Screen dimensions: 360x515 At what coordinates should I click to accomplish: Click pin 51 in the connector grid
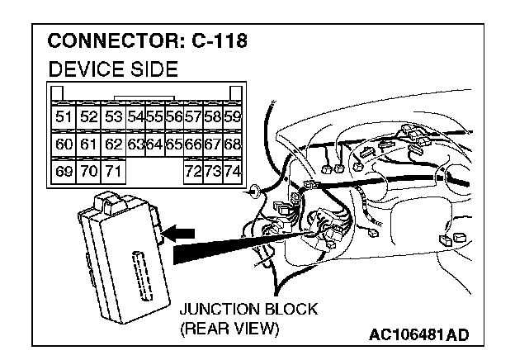click(x=63, y=116)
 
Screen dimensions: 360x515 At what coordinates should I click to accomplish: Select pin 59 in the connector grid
click(x=233, y=116)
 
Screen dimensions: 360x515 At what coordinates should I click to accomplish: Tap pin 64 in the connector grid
click(x=154, y=144)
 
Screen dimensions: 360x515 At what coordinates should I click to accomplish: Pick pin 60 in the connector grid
click(x=63, y=144)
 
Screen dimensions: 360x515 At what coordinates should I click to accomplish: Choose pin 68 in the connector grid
click(x=233, y=144)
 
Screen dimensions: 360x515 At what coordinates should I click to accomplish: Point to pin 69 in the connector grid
click(x=63, y=173)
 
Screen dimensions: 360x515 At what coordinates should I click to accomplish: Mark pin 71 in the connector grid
click(x=112, y=173)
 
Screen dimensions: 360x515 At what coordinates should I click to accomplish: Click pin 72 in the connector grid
click(x=193, y=173)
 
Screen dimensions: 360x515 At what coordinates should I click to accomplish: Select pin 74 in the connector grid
click(x=233, y=173)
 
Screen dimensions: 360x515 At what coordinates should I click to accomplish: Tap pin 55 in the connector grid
click(x=154, y=116)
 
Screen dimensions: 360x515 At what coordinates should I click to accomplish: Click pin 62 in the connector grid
click(x=112, y=144)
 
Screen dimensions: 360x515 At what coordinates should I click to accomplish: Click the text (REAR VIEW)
click(x=230, y=328)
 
